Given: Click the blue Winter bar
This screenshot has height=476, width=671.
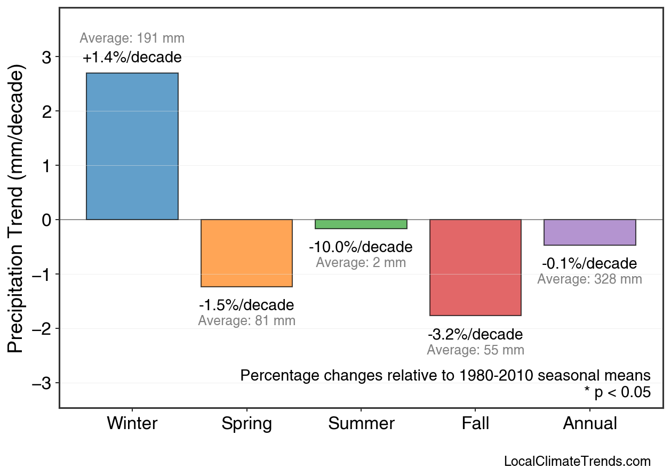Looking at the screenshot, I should [x=132, y=146].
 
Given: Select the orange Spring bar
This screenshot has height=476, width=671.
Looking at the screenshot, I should [x=246, y=253].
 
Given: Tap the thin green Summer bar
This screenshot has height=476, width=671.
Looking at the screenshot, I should [x=361, y=224].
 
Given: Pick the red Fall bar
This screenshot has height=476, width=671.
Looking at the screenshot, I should [x=475, y=268].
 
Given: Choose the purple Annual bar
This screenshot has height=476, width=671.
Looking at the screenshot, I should [x=589, y=232].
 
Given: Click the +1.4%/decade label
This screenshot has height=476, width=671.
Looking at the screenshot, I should [x=132, y=57].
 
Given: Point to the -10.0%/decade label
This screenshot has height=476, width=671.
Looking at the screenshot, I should [x=361, y=247].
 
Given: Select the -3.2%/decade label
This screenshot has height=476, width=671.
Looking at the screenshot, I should [x=475, y=335].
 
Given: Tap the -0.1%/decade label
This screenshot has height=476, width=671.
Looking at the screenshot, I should [x=589, y=264].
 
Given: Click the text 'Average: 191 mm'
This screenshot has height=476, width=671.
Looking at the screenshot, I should [x=132, y=38].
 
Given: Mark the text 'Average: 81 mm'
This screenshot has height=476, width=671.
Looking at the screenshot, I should [x=246, y=321].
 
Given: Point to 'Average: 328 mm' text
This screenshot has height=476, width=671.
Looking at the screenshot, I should [x=589, y=279].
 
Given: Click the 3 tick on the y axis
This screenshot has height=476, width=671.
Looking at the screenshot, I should [x=46, y=57].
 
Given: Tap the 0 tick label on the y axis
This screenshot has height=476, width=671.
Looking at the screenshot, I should [x=46, y=220].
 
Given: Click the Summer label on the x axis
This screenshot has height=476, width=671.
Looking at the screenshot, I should [x=361, y=424].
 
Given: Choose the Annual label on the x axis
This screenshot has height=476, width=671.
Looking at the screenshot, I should [x=590, y=424].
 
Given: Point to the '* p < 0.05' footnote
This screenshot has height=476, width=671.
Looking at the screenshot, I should [x=617, y=392].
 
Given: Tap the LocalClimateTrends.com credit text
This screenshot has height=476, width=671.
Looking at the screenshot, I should [x=577, y=462].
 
